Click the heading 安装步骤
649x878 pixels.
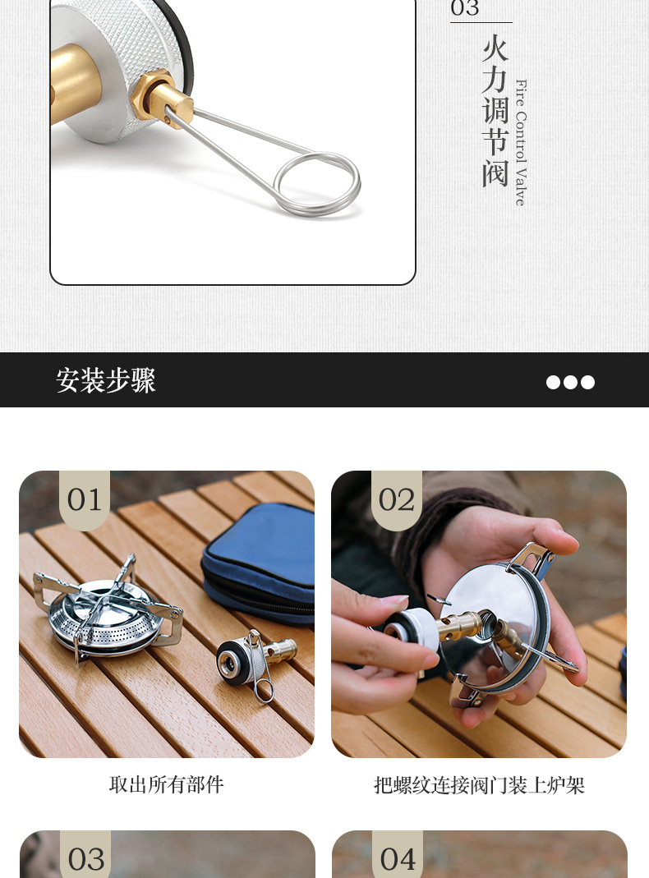pos(106,380)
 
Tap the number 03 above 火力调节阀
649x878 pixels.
pos(465,9)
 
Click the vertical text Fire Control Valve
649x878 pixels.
pos(520,142)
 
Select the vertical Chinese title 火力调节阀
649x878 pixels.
pos(495,111)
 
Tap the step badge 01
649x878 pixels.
pos(85,499)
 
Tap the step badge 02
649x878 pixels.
pos(397,499)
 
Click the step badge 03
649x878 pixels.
pos(86,859)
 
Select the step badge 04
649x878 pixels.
pos(398,859)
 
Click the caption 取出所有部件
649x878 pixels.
pos(167,784)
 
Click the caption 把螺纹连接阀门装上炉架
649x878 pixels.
pos(479,785)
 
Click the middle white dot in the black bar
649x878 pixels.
pos(570,382)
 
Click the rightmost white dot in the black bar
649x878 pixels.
pos(587,382)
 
